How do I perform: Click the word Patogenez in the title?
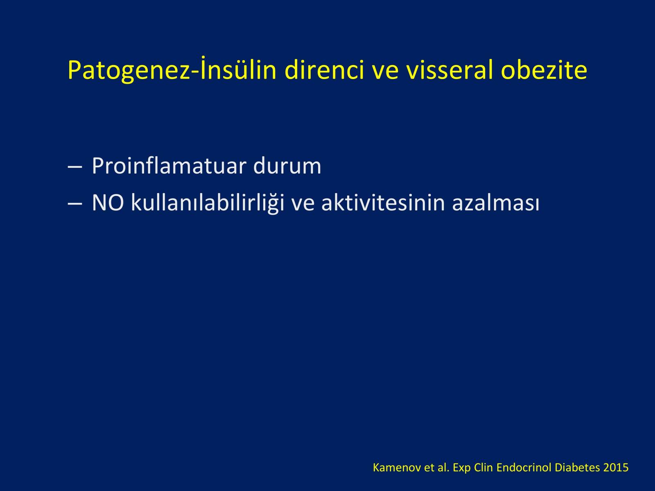tap(129, 71)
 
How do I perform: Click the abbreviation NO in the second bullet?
tap(108, 203)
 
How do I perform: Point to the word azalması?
tap(496, 203)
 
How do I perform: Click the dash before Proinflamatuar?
tap(75, 167)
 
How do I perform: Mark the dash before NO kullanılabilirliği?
tap(75, 204)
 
